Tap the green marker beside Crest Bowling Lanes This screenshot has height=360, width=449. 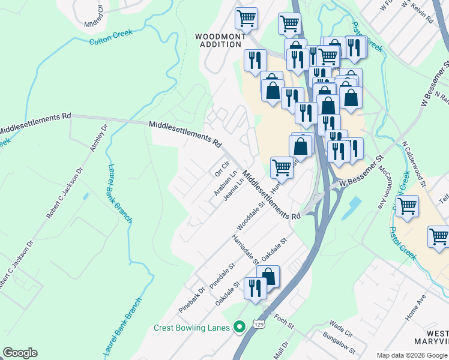[240, 327]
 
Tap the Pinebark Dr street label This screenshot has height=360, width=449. [191, 299]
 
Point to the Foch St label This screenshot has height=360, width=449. [284, 322]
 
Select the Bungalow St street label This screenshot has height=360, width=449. [340, 343]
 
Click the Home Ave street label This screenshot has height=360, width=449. [415, 307]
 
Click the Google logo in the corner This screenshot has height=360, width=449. [20, 353]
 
